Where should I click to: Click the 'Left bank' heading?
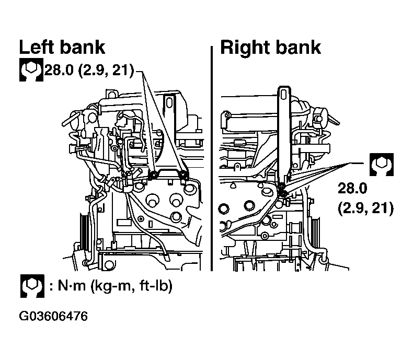62,48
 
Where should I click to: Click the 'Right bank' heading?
270,48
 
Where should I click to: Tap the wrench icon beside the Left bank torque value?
31,69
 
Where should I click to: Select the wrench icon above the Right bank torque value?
382,165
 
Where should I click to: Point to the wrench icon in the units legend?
32,286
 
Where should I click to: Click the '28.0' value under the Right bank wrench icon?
352,189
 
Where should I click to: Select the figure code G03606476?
53,316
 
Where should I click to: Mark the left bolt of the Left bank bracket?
153,175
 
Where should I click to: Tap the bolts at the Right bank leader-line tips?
282,190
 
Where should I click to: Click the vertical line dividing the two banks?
212,158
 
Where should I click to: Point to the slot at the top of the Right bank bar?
284,95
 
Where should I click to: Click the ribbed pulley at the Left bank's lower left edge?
84,231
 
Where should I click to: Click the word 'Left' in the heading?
37,48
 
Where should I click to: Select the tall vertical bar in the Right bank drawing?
284,134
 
